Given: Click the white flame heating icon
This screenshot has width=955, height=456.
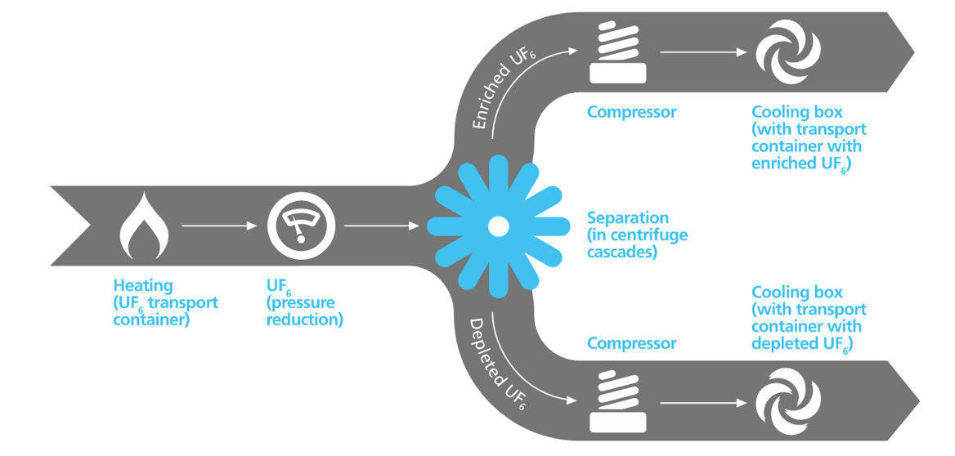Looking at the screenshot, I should point(145,226).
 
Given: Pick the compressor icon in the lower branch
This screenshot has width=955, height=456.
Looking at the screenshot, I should point(617,402).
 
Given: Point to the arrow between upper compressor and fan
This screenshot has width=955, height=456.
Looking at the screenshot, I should point(703,52).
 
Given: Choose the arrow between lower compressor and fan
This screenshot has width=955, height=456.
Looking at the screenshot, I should point(703,403).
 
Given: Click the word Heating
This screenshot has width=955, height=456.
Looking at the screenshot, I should point(143,286).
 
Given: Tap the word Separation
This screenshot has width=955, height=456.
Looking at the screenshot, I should point(628,218).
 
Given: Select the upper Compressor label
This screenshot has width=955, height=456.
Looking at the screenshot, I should point(632,112).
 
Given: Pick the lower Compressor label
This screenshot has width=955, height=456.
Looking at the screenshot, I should point(632,343).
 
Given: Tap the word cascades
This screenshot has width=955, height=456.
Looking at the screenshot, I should point(622,253).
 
